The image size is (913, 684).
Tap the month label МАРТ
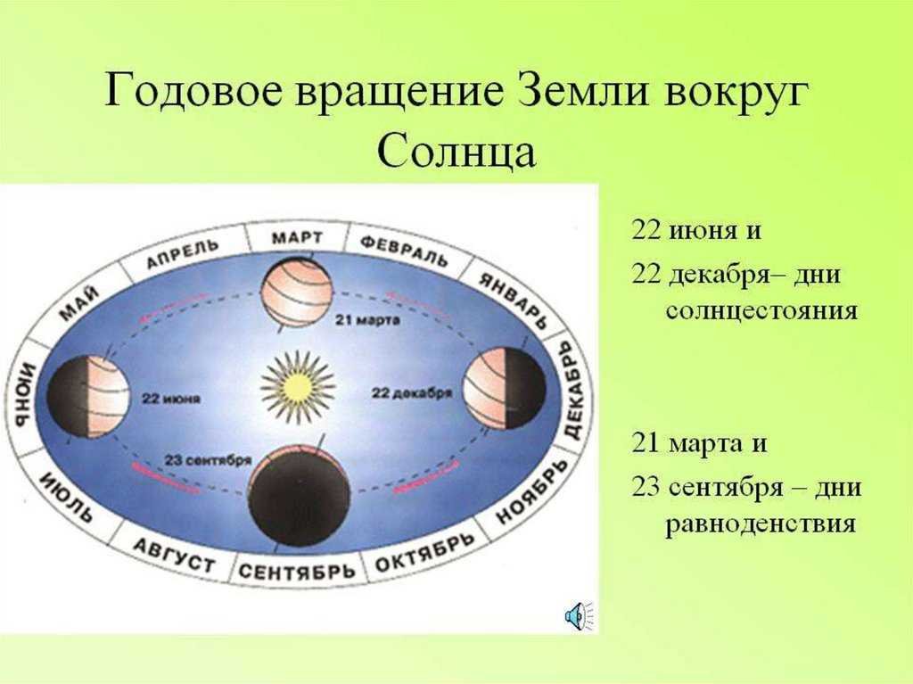[297, 238]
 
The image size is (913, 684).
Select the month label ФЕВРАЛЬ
[404, 251]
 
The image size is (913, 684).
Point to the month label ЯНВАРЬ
[513, 301]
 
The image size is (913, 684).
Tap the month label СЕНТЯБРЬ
[296, 571]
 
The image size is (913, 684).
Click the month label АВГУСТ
[174, 556]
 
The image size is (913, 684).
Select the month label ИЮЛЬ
[66, 497]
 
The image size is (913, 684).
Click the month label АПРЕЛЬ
[182, 254]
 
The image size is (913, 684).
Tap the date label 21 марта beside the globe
[367, 320]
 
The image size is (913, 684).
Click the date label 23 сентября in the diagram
[208, 460]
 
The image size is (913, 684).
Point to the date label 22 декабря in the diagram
[412, 393]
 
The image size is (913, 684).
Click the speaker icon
[579, 616]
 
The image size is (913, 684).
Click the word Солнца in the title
[456, 152]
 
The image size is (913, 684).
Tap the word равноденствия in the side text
[761, 523]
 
